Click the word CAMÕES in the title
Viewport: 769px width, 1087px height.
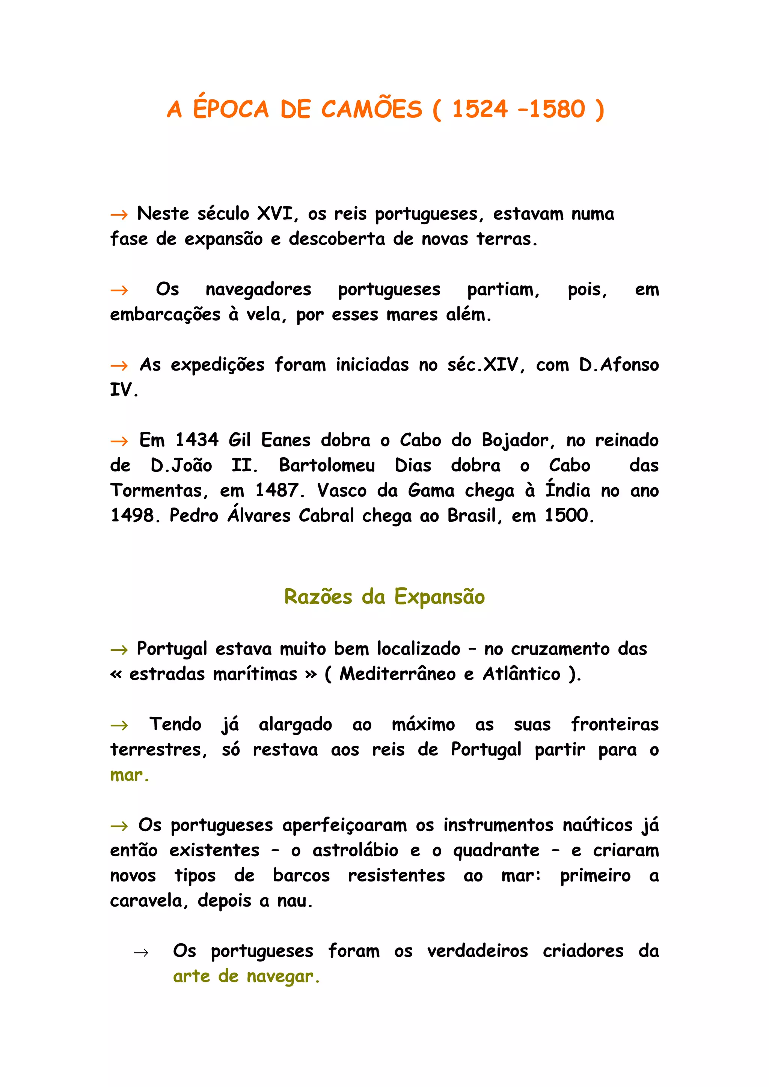pyautogui.click(x=371, y=110)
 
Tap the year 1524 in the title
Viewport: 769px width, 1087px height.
pyautogui.click(x=480, y=110)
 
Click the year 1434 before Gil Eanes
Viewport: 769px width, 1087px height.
pyautogui.click(x=197, y=440)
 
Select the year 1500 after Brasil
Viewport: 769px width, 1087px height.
pyautogui.click(x=568, y=516)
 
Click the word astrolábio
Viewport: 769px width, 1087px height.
pyautogui.click(x=355, y=850)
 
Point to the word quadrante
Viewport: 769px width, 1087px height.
pyautogui.click(x=496, y=851)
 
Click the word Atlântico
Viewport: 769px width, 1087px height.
pyautogui.click(x=521, y=674)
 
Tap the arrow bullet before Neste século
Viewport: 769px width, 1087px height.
pyautogui.click(x=119, y=215)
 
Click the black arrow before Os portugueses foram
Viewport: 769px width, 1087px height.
pyautogui.click(x=141, y=953)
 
